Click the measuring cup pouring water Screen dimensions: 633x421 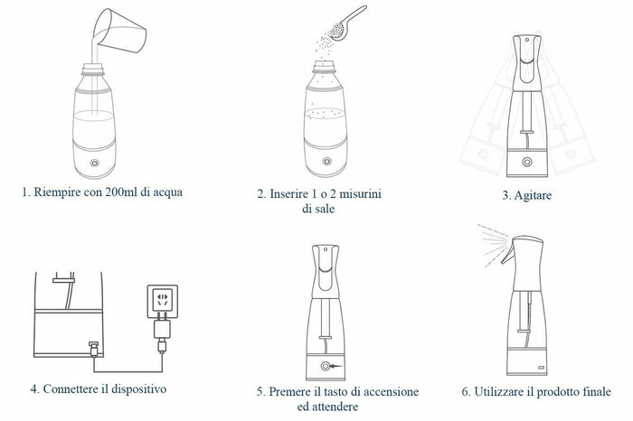tap(120, 31)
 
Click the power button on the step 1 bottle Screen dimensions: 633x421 tap(95, 163)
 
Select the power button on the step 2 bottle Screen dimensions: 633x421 tap(326, 162)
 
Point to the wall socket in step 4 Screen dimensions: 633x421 tap(162, 301)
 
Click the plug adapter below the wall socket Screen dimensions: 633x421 tap(162, 329)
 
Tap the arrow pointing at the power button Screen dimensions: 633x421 tap(335, 366)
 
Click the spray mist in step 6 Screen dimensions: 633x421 tap(493, 244)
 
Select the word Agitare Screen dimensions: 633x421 tap(533, 195)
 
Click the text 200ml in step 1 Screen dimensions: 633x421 tap(121, 192)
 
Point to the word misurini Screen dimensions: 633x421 tap(360, 194)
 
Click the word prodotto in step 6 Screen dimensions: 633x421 tap(559, 391)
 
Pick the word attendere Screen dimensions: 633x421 tap(334, 407)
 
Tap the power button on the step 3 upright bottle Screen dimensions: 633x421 tap(527, 162)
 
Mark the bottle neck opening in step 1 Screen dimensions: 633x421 tap(93, 67)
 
